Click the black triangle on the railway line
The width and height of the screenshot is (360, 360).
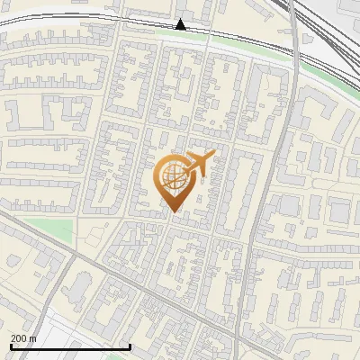point(181,24)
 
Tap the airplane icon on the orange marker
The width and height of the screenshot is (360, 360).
point(198,164)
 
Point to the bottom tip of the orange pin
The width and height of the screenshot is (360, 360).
point(173,212)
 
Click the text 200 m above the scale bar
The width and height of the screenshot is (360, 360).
point(22,338)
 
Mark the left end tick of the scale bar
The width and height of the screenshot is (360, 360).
point(10,346)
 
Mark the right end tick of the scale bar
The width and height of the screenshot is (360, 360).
point(130,346)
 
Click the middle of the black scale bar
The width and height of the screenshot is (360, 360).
point(70,347)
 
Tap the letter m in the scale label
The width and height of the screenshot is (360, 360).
point(32,338)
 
